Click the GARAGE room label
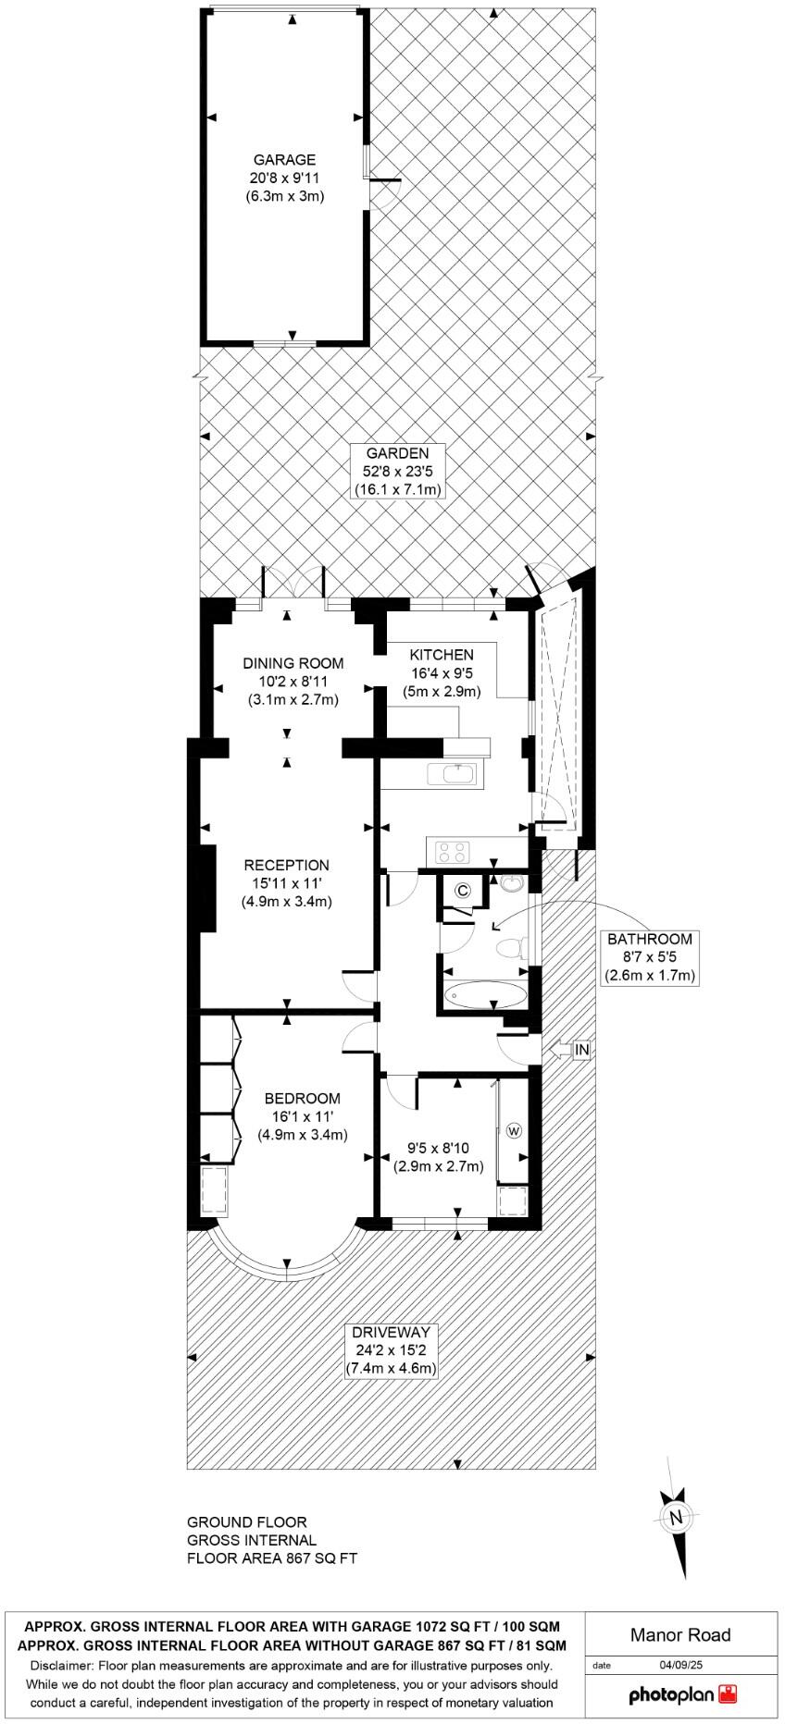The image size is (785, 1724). [x=284, y=160]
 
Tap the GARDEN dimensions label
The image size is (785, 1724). [x=397, y=471]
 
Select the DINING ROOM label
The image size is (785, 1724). [x=293, y=663]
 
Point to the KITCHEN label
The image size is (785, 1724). [x=442, y=655]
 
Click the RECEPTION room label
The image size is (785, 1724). [x=286, y=865]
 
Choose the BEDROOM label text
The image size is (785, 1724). [x=302, y=1099]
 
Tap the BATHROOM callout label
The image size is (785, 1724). [x=649, y=939]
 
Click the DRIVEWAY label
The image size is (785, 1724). [x=391, y=1333]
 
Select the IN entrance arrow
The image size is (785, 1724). [x=569, y=1050]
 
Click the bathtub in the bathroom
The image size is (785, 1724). [x=485, y=995]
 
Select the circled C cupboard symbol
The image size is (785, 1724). [x=463, y=891]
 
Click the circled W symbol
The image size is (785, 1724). [x=514, y=1130]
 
